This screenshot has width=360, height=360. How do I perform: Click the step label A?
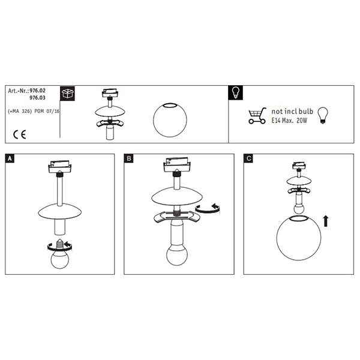click(x=10, y=158)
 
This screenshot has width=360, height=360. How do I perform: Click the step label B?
click(x=128, y=158)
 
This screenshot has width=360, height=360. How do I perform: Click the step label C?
click(x=248, y=158)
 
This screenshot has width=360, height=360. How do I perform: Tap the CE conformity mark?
click(x=20, y=134)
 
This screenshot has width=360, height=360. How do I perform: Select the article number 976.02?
click(x=38, y=91)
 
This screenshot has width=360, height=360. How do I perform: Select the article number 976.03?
click(x=38, y=98)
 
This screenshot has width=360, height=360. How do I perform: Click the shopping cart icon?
click(x=257, y=116)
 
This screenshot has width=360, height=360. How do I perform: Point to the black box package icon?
click(x=67, y=94)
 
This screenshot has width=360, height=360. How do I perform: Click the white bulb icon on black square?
click(x=236, y=93)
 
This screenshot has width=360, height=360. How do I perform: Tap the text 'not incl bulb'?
click(x=292, y=112)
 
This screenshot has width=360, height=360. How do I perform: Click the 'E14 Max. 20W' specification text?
click(x=289, y=121)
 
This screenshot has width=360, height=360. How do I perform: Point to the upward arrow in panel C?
click(x=326, y=221)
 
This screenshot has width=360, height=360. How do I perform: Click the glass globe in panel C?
click(x=299, y=238)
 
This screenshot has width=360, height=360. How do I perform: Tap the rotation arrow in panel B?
click(x=208, y=208)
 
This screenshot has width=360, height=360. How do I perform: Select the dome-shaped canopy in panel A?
click(x=59, y=211)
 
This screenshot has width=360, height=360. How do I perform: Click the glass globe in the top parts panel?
click(x=170, y=120)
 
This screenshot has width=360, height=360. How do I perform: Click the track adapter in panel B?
click(x=177, y=165)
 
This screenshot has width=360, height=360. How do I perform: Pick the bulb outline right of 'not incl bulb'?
click(x=323, y=116)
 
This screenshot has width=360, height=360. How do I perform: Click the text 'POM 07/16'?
click(x=47, y=112)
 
